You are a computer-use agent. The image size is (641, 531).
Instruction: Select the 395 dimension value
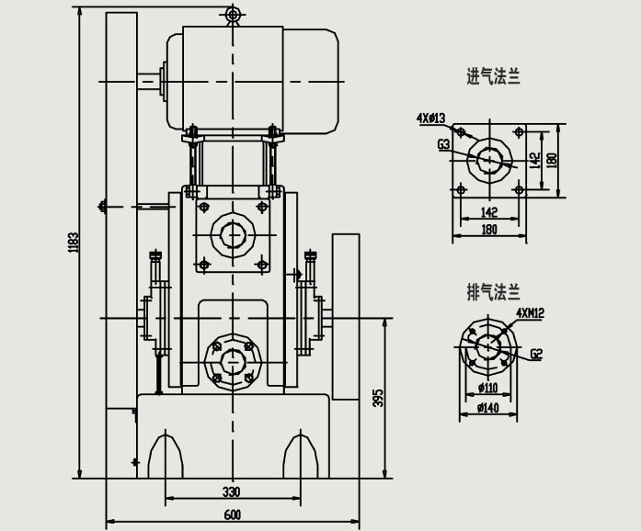377,397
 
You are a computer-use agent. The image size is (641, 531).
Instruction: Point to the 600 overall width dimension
232,515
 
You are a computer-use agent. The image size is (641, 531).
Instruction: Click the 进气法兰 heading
493,77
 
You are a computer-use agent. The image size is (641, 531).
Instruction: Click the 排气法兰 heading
493,293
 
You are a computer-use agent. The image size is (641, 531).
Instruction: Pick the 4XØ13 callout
430,119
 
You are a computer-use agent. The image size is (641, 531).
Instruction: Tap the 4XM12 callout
530,313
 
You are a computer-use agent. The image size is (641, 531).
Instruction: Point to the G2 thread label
536,354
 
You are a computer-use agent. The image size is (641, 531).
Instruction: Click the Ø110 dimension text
487,387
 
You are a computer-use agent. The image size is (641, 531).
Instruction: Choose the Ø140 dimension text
487,408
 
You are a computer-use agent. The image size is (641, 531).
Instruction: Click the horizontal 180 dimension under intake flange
488,230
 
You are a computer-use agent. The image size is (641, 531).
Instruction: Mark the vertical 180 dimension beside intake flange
552,159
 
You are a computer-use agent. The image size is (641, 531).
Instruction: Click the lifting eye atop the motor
233,14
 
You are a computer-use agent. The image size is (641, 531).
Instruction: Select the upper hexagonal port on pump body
233,234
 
